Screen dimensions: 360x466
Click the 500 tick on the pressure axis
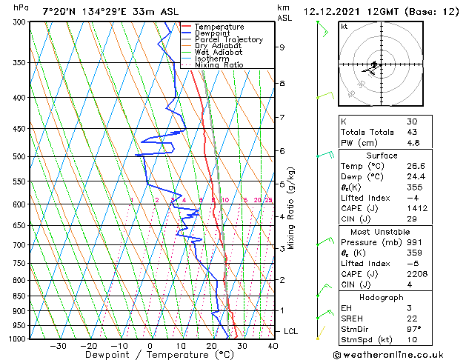tap(17, 157)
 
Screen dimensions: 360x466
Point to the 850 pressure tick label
tap(17, 296)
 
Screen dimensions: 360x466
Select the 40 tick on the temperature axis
tap(273, 345)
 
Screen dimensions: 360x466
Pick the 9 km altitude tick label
tap(282, 47)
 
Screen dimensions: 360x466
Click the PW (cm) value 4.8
tap(412, 143)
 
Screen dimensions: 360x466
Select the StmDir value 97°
tap(413, 329)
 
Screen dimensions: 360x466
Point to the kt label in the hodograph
tap(344, 26)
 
